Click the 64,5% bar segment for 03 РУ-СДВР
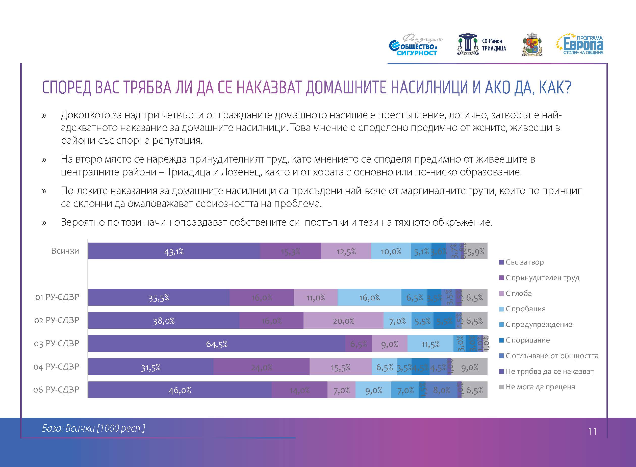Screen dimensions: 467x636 pyautogui.click(x=217, y=344)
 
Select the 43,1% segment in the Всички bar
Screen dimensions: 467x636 pyautogui.click(x=174, y=251)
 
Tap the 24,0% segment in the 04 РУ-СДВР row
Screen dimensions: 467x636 pyautogui.click(x=262, y=367)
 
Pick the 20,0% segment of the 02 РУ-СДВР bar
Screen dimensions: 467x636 pyautogui.click(x=343, y=321)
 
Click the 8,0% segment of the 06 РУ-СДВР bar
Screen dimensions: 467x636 pyautogui.click(x=441, y=390)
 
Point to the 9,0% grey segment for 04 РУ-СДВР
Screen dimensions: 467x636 pyautogui.click(x=470, y=367)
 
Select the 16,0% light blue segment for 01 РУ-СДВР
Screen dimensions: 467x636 pyautogui.click(x=369, y=297)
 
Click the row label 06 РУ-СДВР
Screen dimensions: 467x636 pyautogui.click(x=56, y=390)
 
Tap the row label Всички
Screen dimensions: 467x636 pyautogui.click(x=65, y=251)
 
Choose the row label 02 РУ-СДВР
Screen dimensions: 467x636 pyautogui.click(x=57, y=320)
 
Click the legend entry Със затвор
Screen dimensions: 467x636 pyautogui.click(x=524, y=262)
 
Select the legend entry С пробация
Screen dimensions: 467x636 pyautogui.click(x=525, y=309)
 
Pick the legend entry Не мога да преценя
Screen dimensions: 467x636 pyautogui.click(x=540, y=387)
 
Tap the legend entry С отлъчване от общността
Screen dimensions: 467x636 pyautogui.click(x=551, y=356)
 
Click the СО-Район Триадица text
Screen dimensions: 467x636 pyautogui.click(x=494, y=45)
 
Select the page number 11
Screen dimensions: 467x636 pyautogui.click(x=592, y=432)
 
